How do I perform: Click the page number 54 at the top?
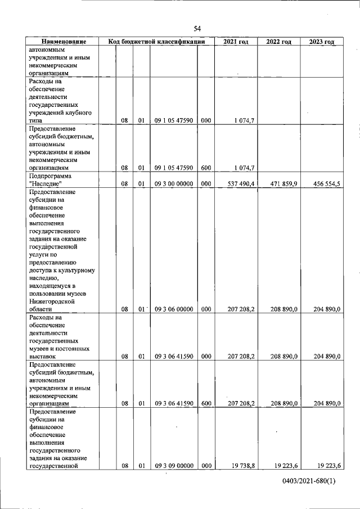[x=197, y=28]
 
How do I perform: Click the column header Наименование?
[x=64, y=42]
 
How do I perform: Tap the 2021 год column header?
[x=236, y=42]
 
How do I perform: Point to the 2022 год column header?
[x=278, y=42]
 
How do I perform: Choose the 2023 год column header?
[x=322, y=42]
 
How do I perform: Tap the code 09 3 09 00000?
[x=174, y=466]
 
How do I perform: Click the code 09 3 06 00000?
[x=174, y=309]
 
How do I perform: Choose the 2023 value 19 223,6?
[x=329, y=466]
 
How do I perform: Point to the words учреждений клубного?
[x=60, y=112]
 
